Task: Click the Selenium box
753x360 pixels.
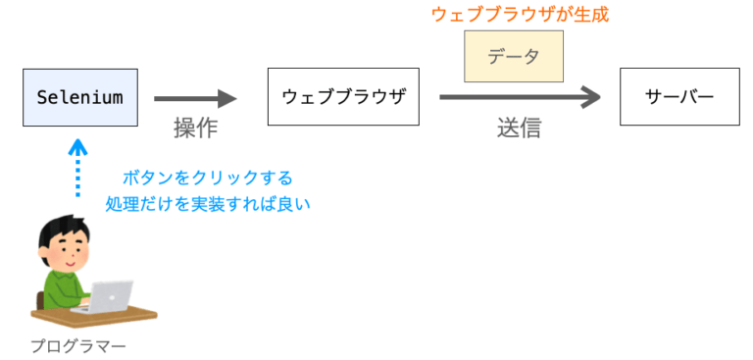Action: coord(78,97)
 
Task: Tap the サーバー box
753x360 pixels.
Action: coord(679,97)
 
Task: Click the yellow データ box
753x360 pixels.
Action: coord(514,57)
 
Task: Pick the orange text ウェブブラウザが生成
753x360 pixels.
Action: coord(513,16)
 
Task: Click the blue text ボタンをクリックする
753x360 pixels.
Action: coord(207,179)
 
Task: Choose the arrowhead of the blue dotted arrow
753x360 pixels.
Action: coord(78,147)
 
